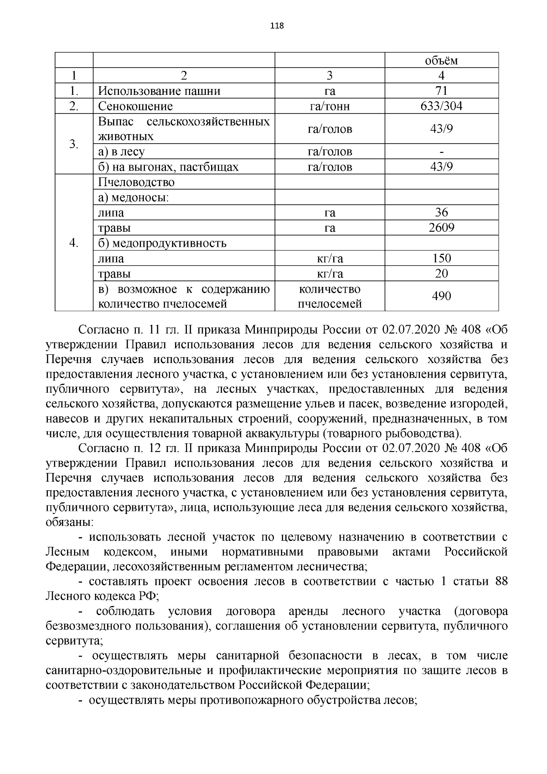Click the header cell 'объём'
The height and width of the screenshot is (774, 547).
pyautogui.click(x=441, y=61)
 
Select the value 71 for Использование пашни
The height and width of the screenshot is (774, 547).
pyautogui.click(x=441, y=91)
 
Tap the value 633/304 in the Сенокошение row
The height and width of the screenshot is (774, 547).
pyautogui.click(x=441, y=106)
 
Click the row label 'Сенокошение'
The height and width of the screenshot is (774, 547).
pyautogui.click(x=135, y=106)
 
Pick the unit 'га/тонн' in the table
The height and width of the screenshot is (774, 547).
pyautogui.click(x=330, y=106)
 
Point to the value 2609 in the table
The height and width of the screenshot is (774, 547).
pyautogui.click(x=441, y=228)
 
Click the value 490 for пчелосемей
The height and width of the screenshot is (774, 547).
pyautogui.click(x=441, y=296)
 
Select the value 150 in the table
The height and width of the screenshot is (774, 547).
pyautogui.click(x=441, y=259)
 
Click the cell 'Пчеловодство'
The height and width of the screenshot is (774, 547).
pyautogui.click(x=136, y=182)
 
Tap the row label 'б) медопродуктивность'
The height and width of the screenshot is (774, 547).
pyautogui.click(x=162, y=243)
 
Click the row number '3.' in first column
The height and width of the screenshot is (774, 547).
pyautogui.click(x=74, y=144)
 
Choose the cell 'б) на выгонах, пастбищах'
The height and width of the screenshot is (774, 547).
pyautogui.click(x=168, y=167)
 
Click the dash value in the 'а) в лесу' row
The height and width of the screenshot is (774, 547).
pyautogui.click(x=441, y=152)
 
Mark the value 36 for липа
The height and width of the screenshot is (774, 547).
pyautogui.click(x=441, y=213)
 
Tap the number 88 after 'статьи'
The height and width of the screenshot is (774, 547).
pyautogui.click(x=500, y=582)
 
